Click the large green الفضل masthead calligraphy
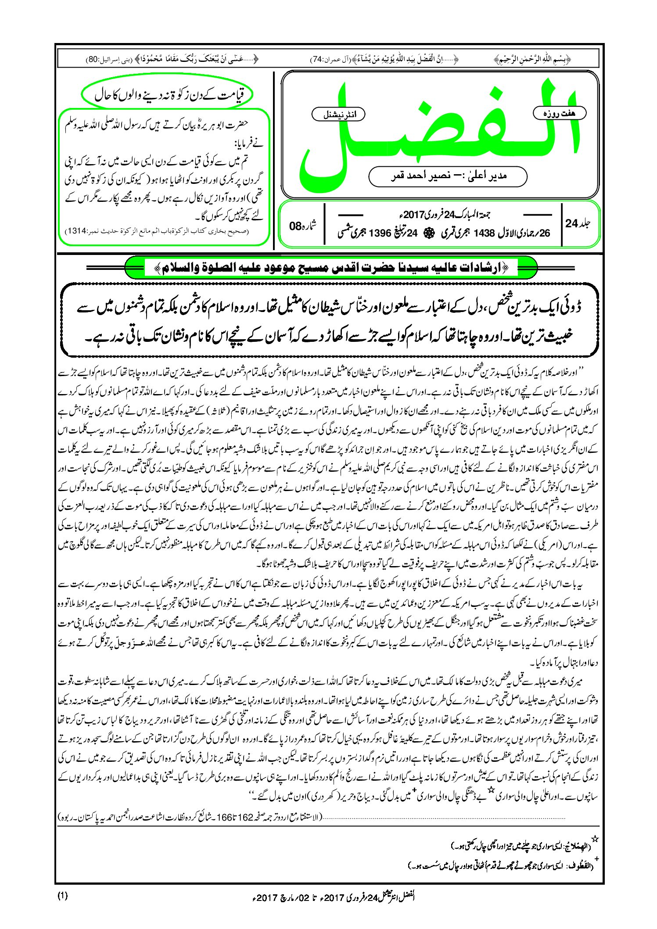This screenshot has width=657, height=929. click(439, 132)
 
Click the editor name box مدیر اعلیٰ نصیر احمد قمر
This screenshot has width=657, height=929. click(448, 176)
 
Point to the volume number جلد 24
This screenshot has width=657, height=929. click(578, 223)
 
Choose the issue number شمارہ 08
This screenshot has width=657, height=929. click(303, 226)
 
